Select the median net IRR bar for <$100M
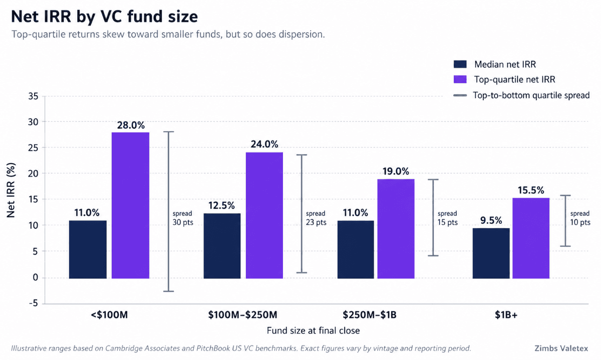coord(88,249)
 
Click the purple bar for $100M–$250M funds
coord(264,215)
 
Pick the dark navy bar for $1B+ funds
coord(491,253)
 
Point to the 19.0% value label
coord(396,171)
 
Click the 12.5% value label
coord(222,205)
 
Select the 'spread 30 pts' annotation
coord(182,218)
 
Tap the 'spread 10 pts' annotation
coord(580,218)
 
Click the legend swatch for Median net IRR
coord(460,64)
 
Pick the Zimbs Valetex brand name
coord(561,348)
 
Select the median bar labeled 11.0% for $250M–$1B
coord(356,249)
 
